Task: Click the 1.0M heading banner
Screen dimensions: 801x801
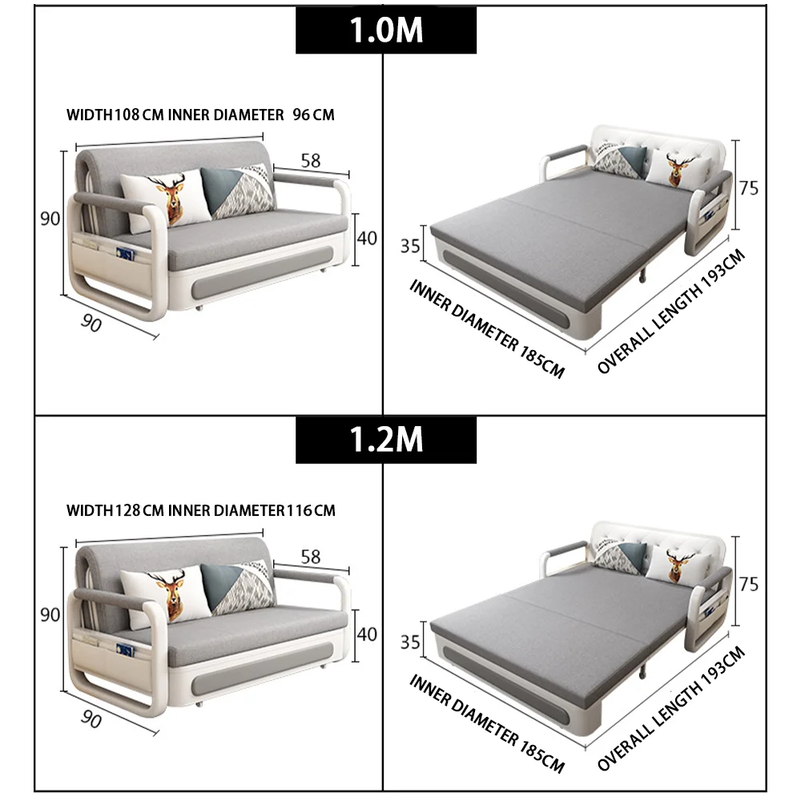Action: tap(386, 30)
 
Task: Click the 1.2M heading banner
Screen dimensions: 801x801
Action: tap(386, 440)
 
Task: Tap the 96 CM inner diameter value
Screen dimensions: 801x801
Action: tap(313, 115)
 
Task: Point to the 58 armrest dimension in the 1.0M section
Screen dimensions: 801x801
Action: tap(310, 161)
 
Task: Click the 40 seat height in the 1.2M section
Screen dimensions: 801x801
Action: tap(366, 634)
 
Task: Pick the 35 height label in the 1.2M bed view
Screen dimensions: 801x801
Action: tap(410, 641)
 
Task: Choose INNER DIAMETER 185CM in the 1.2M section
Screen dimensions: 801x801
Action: tap(487, 723)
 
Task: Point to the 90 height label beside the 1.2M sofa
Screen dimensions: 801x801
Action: tap(50, 615)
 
